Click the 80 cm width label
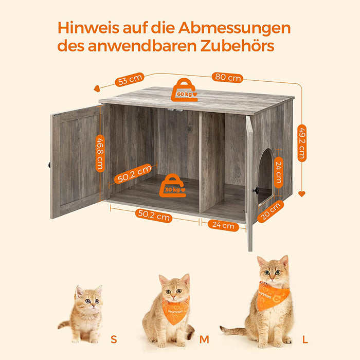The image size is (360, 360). tap(227, 78)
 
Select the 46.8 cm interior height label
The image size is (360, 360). tap(100, 153)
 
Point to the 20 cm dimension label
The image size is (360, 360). tap(271, 211)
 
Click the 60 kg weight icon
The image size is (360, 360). tap(184, 89)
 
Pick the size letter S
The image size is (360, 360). tap(113, 339)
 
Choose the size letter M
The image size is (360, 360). tap(204, 339)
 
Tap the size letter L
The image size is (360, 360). tap(305, 339)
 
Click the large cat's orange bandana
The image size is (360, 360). tap(272, 296)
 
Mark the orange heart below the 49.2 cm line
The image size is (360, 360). tap(301, 194)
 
